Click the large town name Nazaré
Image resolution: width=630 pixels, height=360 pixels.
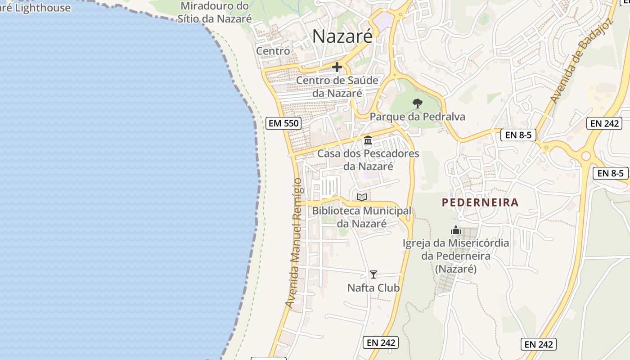point(342,36)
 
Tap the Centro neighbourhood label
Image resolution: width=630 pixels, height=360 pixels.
point(273,51)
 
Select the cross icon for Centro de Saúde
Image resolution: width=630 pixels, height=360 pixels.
point(337,67)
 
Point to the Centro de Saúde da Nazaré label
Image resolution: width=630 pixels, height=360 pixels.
point(337,87)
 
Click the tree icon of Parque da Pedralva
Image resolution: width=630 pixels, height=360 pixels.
point(418,103)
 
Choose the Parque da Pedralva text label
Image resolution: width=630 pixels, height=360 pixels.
point(417,117)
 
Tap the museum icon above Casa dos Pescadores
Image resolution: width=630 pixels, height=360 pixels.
point(368,140)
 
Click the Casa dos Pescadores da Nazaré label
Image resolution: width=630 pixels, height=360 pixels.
point(368,160)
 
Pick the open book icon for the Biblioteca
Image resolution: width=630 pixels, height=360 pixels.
point(362,197)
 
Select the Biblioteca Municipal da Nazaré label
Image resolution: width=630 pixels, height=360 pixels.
point(362,217)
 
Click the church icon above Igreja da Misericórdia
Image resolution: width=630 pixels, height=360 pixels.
point(456,230)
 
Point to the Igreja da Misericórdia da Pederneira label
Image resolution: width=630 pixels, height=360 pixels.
point(456,256)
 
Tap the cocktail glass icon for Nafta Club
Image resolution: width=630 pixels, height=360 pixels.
point(373,274)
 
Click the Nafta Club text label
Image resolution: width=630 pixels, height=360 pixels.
point(373,288)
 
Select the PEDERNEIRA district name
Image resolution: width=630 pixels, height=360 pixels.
point(480,202)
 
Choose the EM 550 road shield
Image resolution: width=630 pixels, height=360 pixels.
point(283,123)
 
